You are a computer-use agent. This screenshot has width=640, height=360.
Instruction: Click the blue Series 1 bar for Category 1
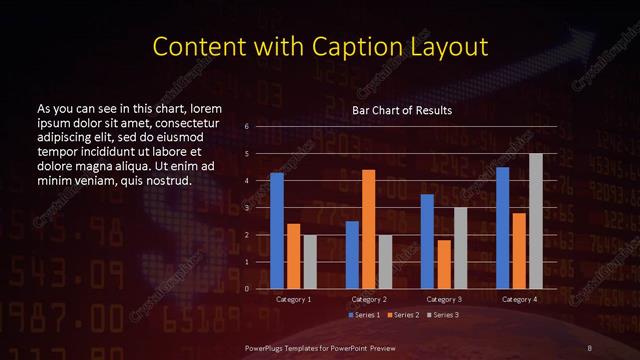point(277,231)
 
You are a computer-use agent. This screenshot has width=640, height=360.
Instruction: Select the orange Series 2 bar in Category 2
point(368,229)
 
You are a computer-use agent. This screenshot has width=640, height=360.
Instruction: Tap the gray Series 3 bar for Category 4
point(535,221)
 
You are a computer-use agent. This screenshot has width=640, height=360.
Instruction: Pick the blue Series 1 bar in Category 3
point(427,241)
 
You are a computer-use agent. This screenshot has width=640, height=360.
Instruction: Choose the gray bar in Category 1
point(309,262)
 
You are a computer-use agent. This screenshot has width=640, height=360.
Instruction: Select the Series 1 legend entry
point(365,315)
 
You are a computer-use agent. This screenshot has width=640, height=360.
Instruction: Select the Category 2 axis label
point(368,299)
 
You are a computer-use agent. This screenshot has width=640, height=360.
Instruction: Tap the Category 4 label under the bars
point(519,299)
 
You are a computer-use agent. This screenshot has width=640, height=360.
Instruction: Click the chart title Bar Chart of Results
point(402,109)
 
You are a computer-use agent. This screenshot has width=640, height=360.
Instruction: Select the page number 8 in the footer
point(591,347)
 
